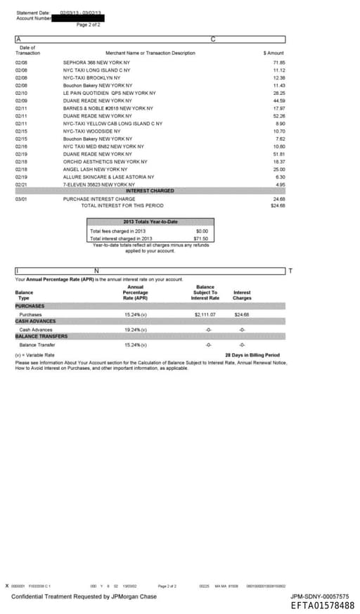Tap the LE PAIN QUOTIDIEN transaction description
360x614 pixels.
(109, 93)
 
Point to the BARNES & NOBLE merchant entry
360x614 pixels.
(108, 108)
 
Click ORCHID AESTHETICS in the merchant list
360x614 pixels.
(103, 162)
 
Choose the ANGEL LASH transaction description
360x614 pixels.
(95, 170)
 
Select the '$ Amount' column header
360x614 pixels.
(274, 53)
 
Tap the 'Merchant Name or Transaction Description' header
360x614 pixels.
(150, 53)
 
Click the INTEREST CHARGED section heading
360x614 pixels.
(150, 191)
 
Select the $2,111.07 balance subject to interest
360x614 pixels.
(205, 314)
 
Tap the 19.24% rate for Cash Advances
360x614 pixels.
(135, 329)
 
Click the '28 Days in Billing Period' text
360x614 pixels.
(252, 355)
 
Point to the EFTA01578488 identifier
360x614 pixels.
(322, 605)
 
